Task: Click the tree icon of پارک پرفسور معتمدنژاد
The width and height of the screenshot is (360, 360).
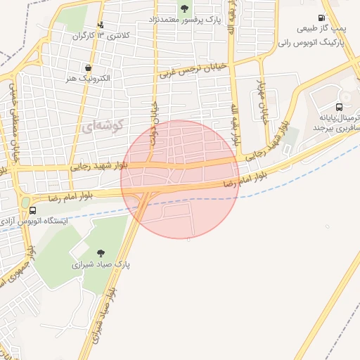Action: (x=184, y=8)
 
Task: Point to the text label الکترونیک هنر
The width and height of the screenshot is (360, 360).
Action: (x=86, y=79)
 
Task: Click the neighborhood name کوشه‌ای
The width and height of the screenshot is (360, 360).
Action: (x=103, y=127)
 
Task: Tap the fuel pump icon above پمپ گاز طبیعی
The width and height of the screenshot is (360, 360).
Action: (x=322, y=18)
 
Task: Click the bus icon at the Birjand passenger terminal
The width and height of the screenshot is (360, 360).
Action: (x=340, y=108)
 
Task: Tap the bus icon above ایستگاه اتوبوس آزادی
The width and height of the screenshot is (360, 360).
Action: (x=33, y=210)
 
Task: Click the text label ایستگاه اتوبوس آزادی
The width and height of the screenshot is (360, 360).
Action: (x=46, y=221)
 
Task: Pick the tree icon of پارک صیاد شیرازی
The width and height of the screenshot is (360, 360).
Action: (x=101, y=253)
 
